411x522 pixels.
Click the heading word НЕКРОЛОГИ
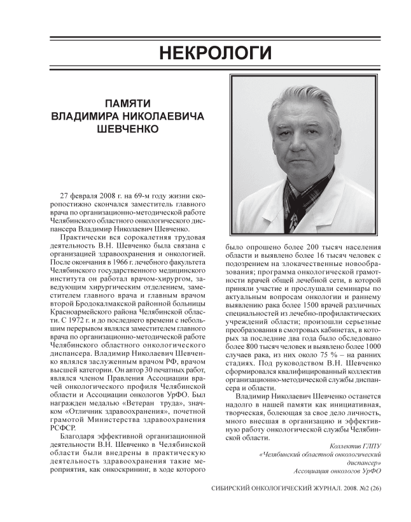[205, 52]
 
